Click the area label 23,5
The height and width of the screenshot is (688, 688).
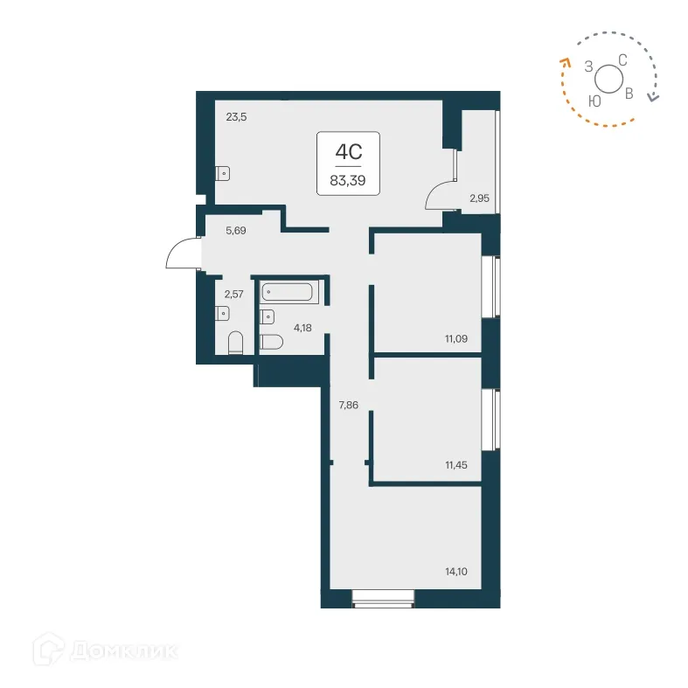237,115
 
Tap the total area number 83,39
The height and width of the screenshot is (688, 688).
347,181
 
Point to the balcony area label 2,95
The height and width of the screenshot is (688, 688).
479,198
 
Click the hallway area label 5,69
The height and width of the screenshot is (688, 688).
237,232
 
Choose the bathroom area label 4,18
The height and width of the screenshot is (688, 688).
302,328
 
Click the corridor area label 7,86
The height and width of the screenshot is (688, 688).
349,405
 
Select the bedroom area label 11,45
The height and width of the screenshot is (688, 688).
456,465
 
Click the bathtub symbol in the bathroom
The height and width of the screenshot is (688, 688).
289,292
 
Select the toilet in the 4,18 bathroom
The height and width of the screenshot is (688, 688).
271,342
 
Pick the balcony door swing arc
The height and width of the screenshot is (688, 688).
440,194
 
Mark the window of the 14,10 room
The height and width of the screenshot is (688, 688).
382,598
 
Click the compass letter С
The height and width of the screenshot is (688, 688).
622,59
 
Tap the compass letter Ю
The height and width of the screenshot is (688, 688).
594,101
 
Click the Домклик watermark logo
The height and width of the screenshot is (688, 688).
105,650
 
